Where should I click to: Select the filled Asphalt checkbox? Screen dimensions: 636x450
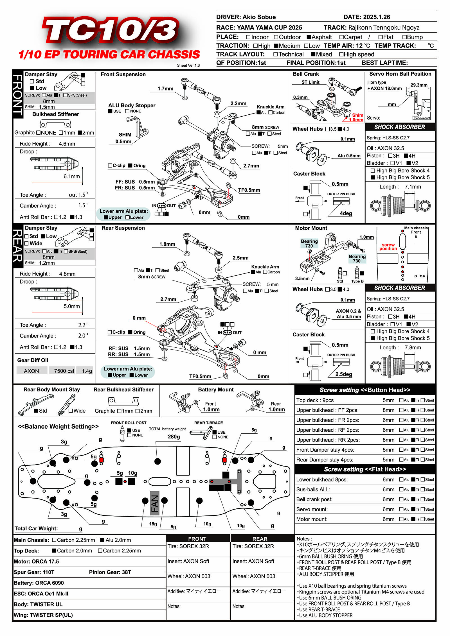pyautogui.click(x=309, y=37)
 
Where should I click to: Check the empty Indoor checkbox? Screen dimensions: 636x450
pyautogui.click(x=248, y=37)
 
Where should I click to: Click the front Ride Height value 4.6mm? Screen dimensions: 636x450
pyautogui.click(x=67, y=144)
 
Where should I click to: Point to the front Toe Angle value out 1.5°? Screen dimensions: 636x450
pyautogui.click(x=78, y=195)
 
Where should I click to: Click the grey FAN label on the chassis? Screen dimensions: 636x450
pyautogui.click(x=155, y=503)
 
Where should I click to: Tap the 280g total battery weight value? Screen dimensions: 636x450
pyautogui.click(x=174, y=437)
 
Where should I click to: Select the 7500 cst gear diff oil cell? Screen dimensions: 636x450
pyautogui.click(x=64, y=371)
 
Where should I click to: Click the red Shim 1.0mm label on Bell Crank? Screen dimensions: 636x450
pyautogui.click(x=357, y=117)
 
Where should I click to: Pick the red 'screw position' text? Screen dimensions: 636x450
pyautogui.click(x=388, y=247)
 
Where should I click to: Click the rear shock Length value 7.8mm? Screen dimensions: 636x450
pyautogui.click(x=413, y=348)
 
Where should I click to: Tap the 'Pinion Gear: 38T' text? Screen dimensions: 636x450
pyautogui.click(x=110, y=572)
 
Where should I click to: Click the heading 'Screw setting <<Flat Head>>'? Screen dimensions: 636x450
pyautogui.click(x=365, y=469)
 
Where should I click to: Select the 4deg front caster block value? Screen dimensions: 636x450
pyautogui.click(x=346, y=213)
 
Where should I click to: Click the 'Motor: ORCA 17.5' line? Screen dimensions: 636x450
pyautogui.click(x=37, y=562)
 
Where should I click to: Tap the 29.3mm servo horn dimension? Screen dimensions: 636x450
pyautogui.click(x=419, y=85)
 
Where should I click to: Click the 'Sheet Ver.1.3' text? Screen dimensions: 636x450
pyautogui.click(x=188, y=65)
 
